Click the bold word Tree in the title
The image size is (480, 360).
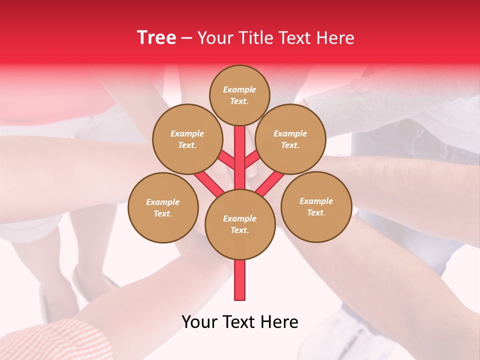tap(156, 38)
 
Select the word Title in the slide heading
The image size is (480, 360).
tap(255, 38)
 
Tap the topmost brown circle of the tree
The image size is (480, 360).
tap(239, 95)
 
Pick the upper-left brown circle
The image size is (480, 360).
tap(187, 139)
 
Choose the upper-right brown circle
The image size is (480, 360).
tap(290, 139)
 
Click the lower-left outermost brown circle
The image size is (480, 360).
tap(163, 207)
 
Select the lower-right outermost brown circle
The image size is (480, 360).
tap(316, 206)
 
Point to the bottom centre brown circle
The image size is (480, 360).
tap(239, 224)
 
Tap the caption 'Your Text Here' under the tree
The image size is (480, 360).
tap(239, 322)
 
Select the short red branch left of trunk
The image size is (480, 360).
tap(226, 159)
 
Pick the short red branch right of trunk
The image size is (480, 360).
tap(252, 158)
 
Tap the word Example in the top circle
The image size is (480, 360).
tap(239, 90)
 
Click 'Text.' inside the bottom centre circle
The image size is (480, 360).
tap(239, 230)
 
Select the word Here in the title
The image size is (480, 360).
tap(335, 38)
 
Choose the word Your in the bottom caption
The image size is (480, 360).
tap(199, 322)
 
